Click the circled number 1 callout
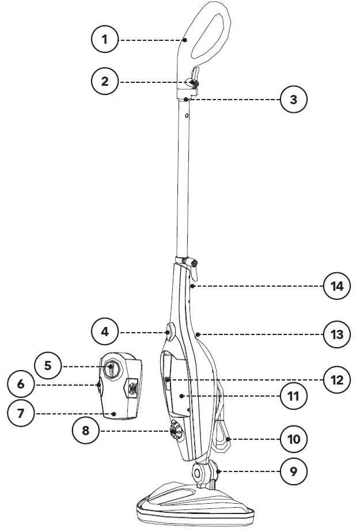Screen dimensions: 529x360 (105, 40)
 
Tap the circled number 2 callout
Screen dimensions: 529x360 (105, 81)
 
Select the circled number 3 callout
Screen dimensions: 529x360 (293, 99)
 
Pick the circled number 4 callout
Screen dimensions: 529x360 (105, 332)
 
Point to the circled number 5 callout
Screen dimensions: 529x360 (48, 365)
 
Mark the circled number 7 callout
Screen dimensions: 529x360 (21, 413)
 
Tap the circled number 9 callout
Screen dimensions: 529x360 (293, 471)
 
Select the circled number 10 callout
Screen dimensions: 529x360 (293, 440)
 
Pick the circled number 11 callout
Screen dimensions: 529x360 (293, 396)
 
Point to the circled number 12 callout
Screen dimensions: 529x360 (336, 379)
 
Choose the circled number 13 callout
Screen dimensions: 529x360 (336, 334)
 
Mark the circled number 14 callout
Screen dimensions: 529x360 (336, 286)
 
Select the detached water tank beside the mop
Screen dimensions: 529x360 (119, 386)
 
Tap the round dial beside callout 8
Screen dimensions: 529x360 (175, 430)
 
